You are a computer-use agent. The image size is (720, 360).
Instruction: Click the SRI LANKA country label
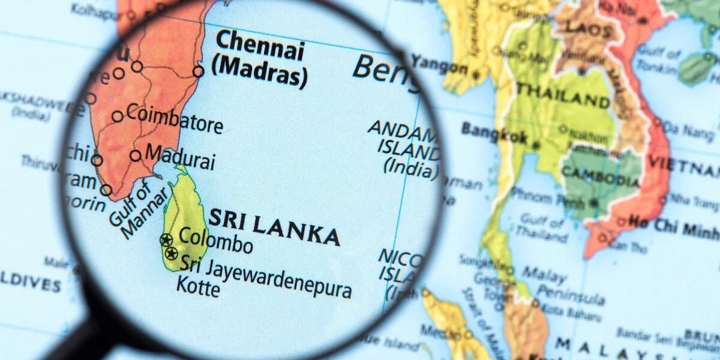pos(274,227)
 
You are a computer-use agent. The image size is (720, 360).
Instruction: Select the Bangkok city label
pos(494,133)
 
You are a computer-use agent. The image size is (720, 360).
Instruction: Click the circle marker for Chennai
pos(198,71)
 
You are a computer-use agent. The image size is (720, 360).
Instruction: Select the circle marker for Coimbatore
pos(118,116)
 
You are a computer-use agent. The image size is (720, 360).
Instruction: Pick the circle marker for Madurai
pos(136,155)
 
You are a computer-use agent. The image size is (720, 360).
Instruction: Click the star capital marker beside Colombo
pos(166,240)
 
